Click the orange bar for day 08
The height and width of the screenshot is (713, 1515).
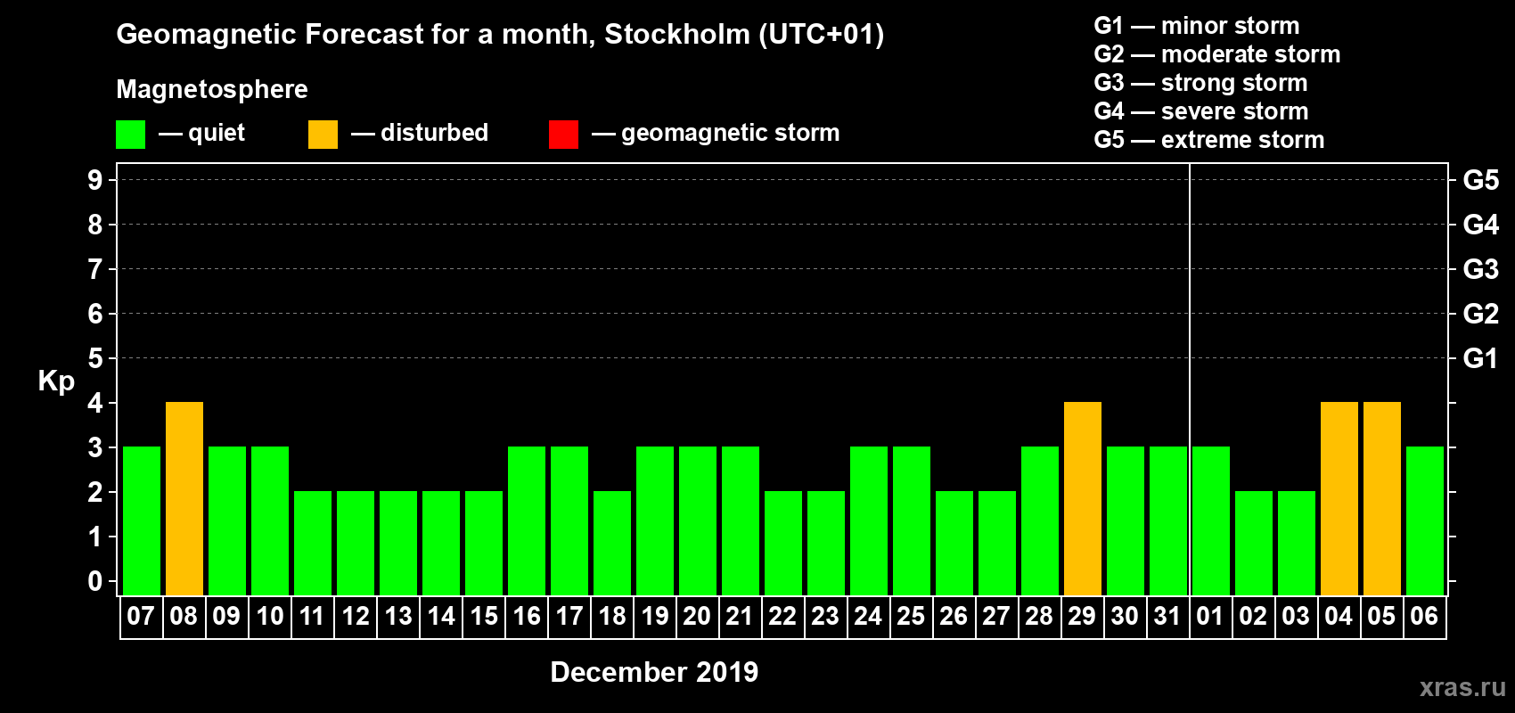point(184,498)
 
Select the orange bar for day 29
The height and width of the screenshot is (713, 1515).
point(1083,498)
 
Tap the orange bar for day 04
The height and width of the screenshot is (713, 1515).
point(1339,498)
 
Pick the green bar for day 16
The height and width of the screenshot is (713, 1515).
point(527,520)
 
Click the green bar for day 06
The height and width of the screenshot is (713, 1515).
point(1425,520)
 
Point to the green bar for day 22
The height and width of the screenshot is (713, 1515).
point(783,543)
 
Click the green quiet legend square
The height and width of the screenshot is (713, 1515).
point(131,135)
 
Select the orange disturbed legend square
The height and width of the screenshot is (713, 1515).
point(323,135)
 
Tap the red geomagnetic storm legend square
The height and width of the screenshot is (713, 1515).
point(563,135)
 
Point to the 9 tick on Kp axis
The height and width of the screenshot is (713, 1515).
point(95,180)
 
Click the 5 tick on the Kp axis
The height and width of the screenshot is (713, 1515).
point(95,358)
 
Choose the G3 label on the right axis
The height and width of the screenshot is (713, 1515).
point(1480,269)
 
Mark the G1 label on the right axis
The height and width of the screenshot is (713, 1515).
point(1480,358)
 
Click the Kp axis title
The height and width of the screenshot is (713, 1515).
point(56,381)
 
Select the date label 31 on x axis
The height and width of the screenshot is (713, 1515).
point(1167,616)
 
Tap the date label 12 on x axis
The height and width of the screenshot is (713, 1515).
point(356,616)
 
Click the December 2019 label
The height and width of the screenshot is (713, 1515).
point(654,672)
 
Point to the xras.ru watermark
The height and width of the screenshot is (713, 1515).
point(1462,687)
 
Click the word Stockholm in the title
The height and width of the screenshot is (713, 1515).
point(677,35)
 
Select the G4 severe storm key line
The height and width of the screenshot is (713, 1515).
point(1200,111)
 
